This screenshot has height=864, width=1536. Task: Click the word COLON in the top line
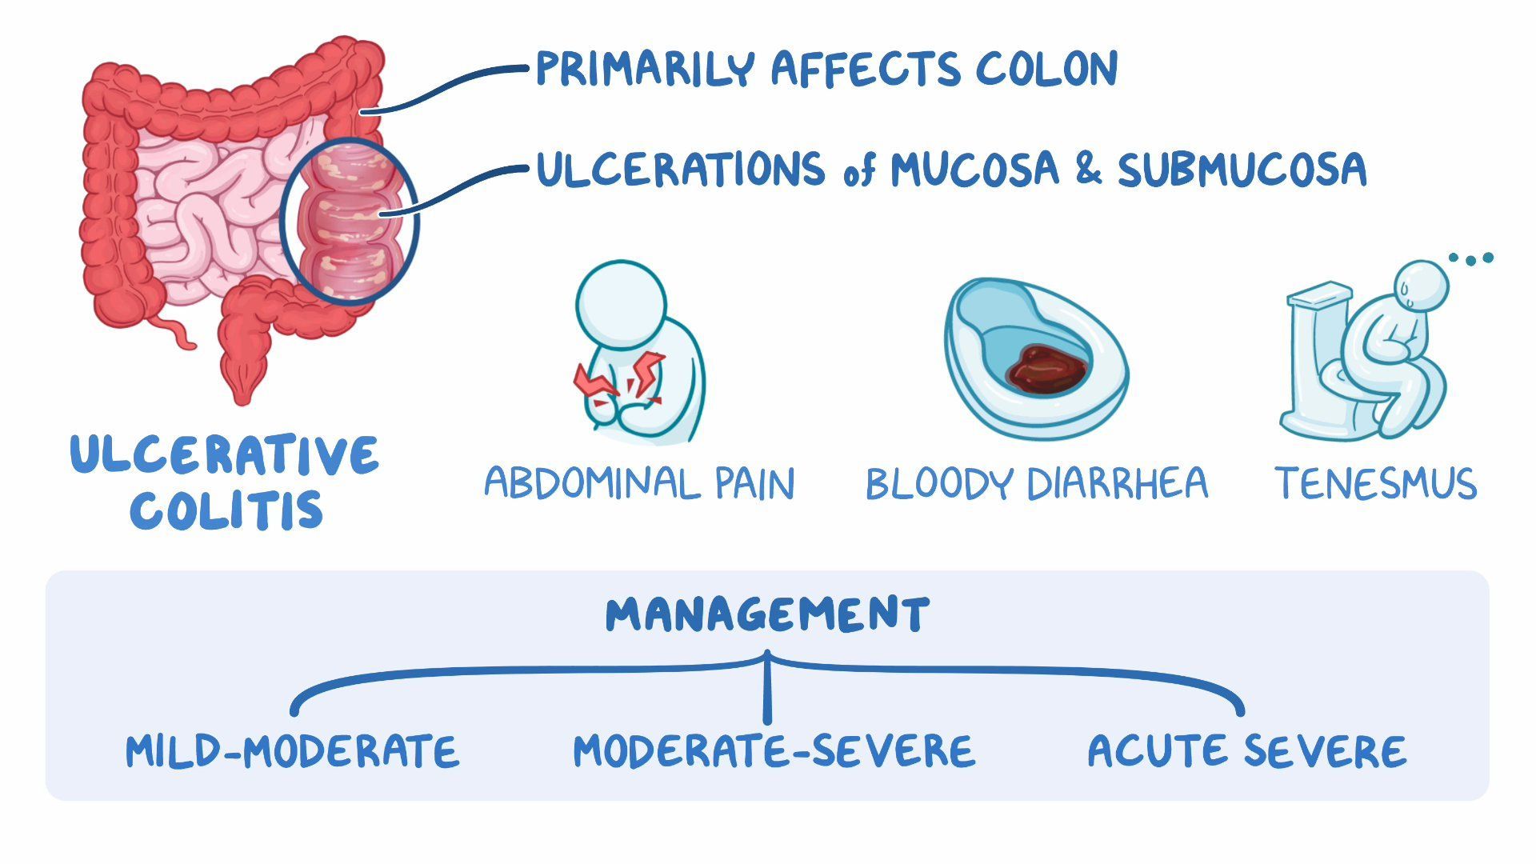click(x=1046, y=69)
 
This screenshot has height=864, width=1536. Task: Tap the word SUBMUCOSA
click(x=1242, y=170)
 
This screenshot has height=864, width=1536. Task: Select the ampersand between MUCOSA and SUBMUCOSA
click(x=1088, y=170)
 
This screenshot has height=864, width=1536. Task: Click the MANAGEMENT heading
click(x=767, y=614)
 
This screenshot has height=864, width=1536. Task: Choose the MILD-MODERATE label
click(x=293, y=751)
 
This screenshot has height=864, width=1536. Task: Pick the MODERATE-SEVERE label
click(x=774, y=751)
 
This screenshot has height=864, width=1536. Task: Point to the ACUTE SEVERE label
click(x=1246, y=751)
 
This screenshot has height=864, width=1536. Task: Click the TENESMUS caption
click(x=1375, y=484)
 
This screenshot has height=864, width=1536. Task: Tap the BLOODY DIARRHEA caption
click(x=1036, y=484)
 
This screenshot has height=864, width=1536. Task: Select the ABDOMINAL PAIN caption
click(x=639, y=484)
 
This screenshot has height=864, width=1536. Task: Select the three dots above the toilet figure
click(x=1471, y=258)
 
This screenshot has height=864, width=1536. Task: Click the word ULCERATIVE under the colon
click(x=225, y=455)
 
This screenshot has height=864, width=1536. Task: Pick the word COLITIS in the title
click(x=226, y=510)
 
